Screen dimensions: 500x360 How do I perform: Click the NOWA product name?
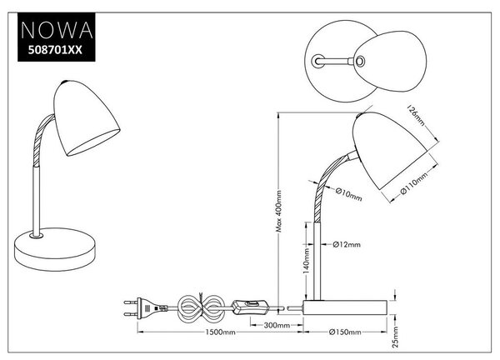(57, 30)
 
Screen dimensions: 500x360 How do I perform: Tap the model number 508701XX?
(55, 50)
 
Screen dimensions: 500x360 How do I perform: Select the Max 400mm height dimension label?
(279, 211)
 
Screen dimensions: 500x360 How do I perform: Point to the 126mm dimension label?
(416, 115)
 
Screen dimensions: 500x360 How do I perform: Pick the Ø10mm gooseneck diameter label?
(349, 194)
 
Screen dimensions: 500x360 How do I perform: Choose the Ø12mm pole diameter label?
(347, 244)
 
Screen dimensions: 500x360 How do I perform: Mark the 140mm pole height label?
(306, 261)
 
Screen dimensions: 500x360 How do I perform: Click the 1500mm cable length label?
(220, 332)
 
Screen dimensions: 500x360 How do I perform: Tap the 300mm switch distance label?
(277, 325)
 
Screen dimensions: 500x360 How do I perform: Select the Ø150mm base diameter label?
(345, 332)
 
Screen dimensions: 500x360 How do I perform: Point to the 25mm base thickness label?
(395, 337)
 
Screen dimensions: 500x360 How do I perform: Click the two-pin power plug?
(145, 307)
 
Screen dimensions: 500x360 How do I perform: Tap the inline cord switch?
(252, 306)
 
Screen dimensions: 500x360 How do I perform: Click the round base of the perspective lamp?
(55, 249)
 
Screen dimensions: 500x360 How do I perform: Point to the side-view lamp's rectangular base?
(345, 307)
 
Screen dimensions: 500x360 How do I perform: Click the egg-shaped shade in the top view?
(391, 61)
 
